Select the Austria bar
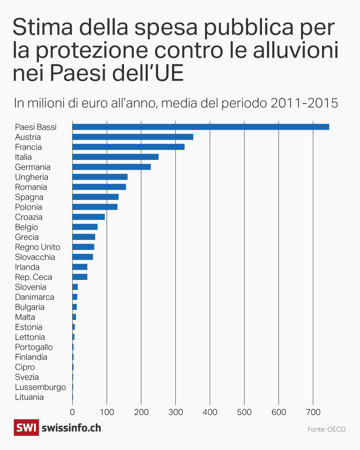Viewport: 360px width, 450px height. point(133,137)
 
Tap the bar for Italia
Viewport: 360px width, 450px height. point(115,157)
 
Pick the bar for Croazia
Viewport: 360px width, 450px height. point(89,217)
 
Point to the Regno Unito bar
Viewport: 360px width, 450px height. point(83,247)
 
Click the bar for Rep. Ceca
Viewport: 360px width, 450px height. point(80,277)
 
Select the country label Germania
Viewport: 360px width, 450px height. point(33,167)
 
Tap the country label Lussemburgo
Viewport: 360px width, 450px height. point(40,387)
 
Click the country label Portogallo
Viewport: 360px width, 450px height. point(34,347)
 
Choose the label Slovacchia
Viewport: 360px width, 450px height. point(35,257)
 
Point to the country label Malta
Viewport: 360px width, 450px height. point(25,317)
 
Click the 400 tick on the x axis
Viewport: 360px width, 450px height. point(210,412)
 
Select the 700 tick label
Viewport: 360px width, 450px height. point(313,412)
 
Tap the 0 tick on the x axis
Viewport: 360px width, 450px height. point(72,412)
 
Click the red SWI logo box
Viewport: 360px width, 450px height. point(26,428)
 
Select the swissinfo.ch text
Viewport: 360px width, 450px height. point(71,428)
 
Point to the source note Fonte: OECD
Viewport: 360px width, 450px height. point(326,429)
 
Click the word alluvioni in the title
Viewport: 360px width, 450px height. point(296,50)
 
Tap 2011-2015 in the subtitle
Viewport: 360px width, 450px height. point(304,103)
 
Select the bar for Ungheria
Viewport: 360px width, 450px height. point(100,177)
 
